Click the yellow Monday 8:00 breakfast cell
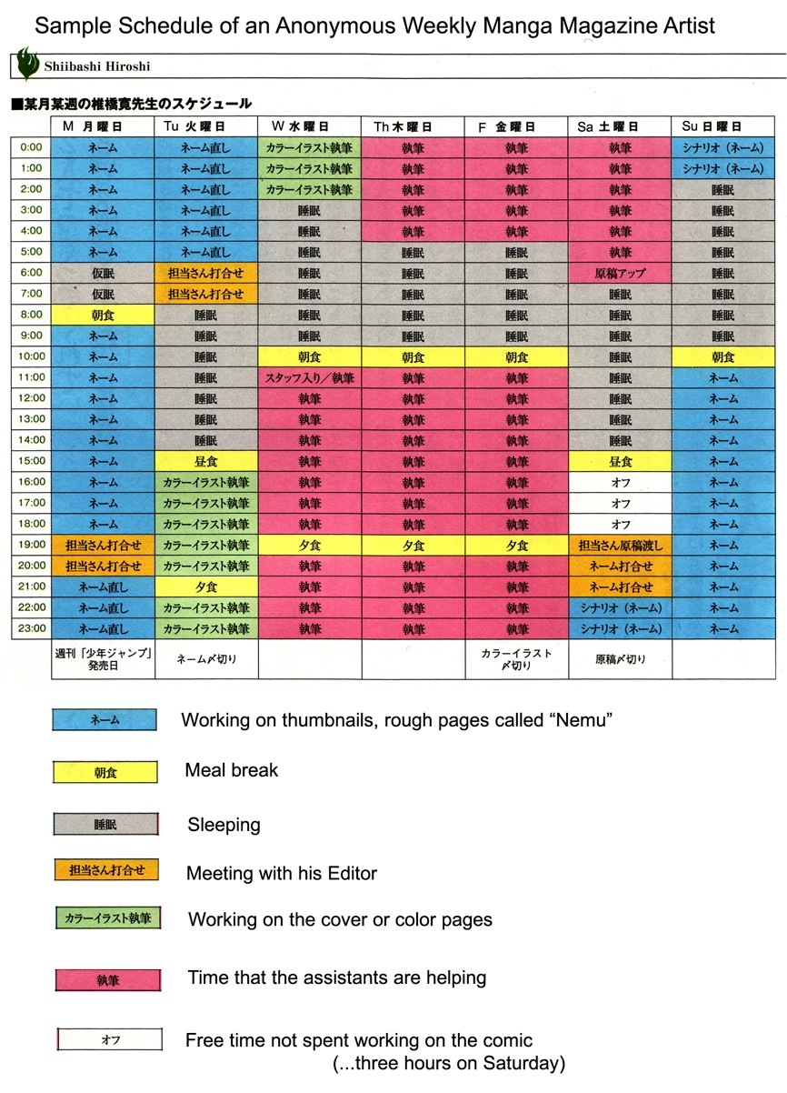coord(103,315)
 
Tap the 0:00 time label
coord(31,146)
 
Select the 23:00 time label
coord(31,628)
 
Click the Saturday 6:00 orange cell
coord(621,273)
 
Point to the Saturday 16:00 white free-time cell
coord(621,482)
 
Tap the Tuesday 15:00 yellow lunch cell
coord(206,461)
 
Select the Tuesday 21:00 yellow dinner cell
coord(206,587)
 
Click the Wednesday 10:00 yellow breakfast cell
coord(310,356)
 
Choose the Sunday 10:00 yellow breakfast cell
coord(723,356)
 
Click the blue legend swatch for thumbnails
coord(105,719)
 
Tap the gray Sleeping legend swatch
coord(105,824)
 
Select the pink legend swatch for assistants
coord(108,980)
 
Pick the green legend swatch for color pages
coord(107,918)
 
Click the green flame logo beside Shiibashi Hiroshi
coord(27,64)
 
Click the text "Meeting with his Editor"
coord(282,873)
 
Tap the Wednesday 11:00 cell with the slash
coord(310,377)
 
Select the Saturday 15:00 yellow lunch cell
coord(621,461)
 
